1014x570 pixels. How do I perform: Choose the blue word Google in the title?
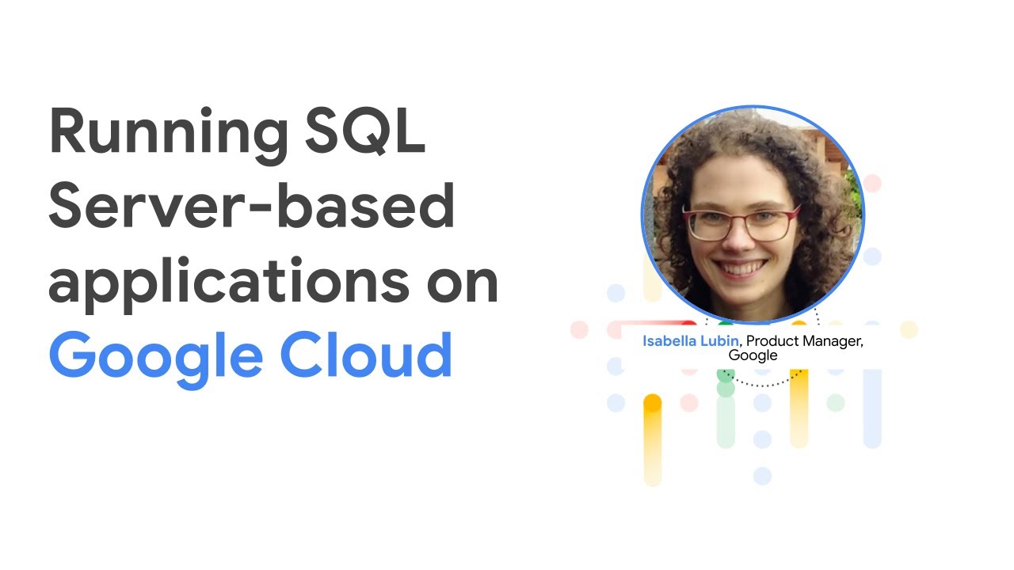(x=155, y=356)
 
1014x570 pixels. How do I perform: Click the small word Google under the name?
(x=753, y=355)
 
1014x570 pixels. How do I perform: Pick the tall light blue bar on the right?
(x=872, y=407)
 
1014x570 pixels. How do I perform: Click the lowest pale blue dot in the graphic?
(x=762, y=476)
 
